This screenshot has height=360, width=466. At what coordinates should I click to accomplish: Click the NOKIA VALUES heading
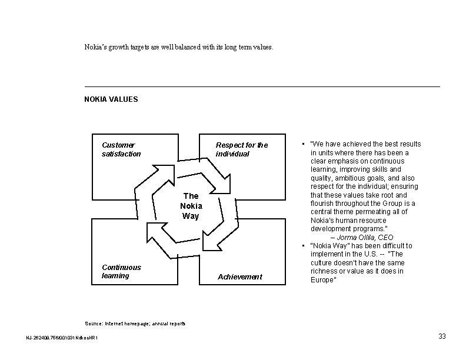pos(111,99)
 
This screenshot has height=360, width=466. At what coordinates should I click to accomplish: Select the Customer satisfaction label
pos(121,149)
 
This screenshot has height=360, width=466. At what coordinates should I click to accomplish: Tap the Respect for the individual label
pos(241,149)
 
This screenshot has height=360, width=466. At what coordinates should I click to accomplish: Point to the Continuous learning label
pos(121,271)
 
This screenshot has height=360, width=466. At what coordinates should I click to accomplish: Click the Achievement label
pos(240,277)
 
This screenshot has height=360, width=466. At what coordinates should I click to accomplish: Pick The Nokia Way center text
pos(191,206)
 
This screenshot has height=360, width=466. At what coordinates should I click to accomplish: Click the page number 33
pos(442,336)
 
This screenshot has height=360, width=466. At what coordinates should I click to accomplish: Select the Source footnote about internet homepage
pos(135,324)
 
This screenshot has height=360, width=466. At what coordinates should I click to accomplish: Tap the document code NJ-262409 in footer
pos(62,338)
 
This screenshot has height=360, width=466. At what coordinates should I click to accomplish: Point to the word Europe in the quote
pos(322,280)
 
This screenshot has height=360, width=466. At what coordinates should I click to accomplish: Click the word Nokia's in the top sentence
pos(97,45)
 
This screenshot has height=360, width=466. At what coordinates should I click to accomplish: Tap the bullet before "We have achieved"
pos(301,144)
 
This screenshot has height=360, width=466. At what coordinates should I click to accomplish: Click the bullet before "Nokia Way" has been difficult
pos(301,246)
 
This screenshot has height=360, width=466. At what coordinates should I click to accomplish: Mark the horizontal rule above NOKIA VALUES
pos(262,87)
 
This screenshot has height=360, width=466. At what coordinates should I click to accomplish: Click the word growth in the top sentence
pos(122,45)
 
